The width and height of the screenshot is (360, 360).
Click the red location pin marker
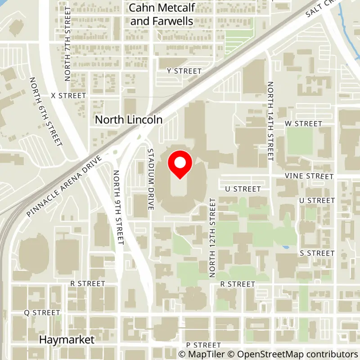pos(180,165)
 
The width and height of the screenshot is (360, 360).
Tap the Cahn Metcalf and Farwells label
pos(161,14)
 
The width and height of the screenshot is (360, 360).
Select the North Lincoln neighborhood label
pos(128,120)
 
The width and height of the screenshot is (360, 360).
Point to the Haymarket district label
pos(67,340)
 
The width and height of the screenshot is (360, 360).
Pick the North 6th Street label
pos(45,112)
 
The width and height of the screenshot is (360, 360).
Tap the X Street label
pos(68,96)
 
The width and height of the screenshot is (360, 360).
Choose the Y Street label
pos(184,71)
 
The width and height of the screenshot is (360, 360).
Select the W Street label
pos(304,123)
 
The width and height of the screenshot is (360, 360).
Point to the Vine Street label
pos(309,176)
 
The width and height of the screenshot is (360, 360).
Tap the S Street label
pos(317,253)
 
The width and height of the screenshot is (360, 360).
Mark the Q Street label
pos(42,312)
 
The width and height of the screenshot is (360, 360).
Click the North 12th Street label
pos(213,238)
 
